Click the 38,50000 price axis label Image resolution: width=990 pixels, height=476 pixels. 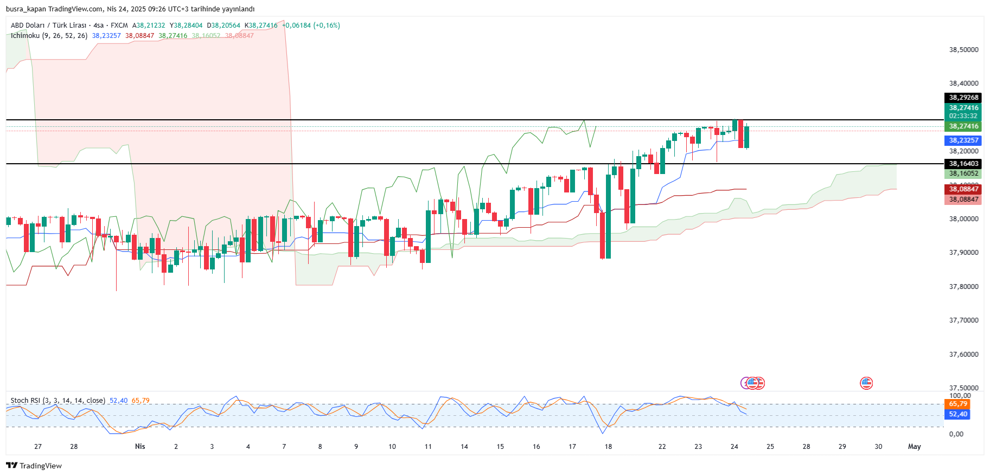[x=963, y=49]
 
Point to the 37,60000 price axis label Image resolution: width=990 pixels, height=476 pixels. [x=963, y=354]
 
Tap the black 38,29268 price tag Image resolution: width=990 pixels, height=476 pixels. [x=963, y=98]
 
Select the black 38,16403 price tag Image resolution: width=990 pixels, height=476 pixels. [x=963, y=164]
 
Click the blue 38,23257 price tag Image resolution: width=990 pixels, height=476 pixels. [x=963, y=140]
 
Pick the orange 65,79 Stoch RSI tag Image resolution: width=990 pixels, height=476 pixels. [x=958, y=404]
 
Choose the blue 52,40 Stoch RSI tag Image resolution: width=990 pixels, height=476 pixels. [x=958, y=414]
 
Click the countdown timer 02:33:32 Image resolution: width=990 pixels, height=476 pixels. [x=963, y=116]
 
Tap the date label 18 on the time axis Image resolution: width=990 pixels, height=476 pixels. [x=608, y=447]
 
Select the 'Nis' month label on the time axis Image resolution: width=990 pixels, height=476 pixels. [x=140, y=447]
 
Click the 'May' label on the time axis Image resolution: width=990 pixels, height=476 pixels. [x=914, y=447]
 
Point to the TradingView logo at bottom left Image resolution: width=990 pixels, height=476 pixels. [x=34, y=466]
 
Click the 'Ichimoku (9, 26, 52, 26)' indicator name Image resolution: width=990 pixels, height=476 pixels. [x=49, y=36]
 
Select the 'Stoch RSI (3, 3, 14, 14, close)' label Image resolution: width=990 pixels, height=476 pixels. [x=58, y=401]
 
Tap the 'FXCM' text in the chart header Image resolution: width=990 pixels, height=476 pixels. [x=119, y=25]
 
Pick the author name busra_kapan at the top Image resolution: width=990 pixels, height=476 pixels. [x=25, y=9]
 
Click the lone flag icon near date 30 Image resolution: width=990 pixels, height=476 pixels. [x=866, y=383]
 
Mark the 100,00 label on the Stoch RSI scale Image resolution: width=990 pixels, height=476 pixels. [x=960, y=396]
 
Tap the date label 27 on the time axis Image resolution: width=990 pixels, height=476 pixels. [x=38, y=447]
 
